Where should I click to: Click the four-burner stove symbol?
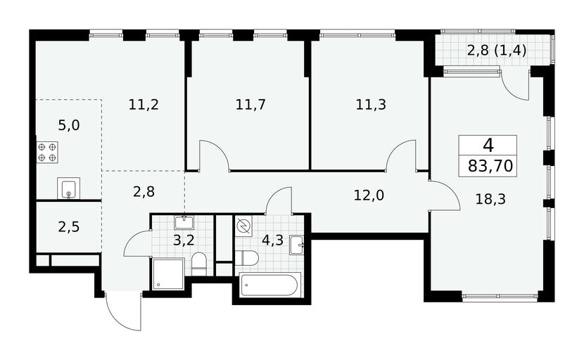[x=47, y=153]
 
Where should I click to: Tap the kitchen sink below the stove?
[x=68, y=188]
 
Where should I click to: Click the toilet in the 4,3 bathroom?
[x=247, y=257]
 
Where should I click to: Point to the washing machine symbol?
[x=243, y=226]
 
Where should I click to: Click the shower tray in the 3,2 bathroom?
[x=168, y=274]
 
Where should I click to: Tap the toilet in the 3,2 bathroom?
[x=199, y=264]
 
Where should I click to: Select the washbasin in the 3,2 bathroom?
[x=184, y=222]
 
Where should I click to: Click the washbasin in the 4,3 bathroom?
[x=297, y=245]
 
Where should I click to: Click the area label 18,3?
[x=490, y=200]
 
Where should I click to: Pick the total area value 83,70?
[x=490, y=166]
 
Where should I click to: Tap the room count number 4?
[x=488, y=145]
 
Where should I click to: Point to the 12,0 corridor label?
[x=369, y=195]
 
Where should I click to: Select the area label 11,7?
[x=250, y=105]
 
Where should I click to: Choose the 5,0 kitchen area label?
[x=69, y=125]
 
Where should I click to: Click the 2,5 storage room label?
[x=69, y=226]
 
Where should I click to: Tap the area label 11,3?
[x=371, y=105]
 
